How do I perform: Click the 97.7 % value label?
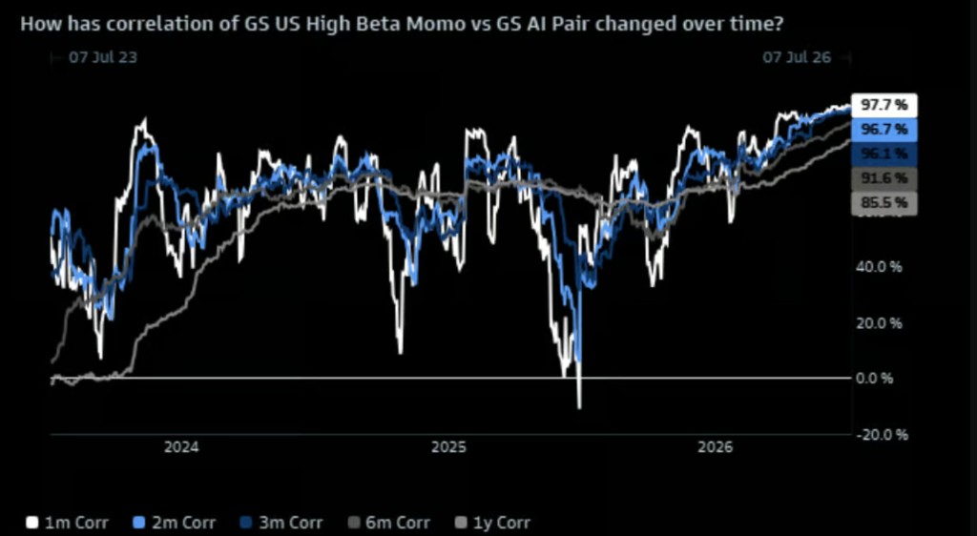pyautogui.click(x=884, y=105)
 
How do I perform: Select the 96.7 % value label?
pyautogui.click(x=884, y=130)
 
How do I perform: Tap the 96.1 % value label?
pyautogui.click(x=884, y=154)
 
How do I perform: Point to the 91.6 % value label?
pyautogui.click(x=884, y=178)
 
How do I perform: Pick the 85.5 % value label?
pyautogui.click(x=884, y=203)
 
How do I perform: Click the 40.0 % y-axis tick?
pyautogui.click(x=879, y=267)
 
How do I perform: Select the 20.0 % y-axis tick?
pyautogui.click(x=879, y=323)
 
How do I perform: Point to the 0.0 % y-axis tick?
pyautogui.click(x=875, y=379)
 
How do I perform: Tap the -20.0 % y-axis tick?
pyautogui.click(x=882, y=435)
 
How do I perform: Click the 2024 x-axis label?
pyautogui.click(x=181, y=447)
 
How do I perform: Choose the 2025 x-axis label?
pyautogui.click(x=448, y=447)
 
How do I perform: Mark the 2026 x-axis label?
pyautogui.click(x=716, y=447)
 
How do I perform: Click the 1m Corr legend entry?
pyautogui.click(x=68, y=523)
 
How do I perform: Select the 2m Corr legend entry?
pyautogui.click(x=175, y=523)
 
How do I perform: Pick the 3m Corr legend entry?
pyautogui.click(x=281, y=523)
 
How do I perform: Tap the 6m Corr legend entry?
pyautogui.click(x=388, y=523)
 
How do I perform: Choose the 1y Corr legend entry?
pyautogui.click(x=493, y=523)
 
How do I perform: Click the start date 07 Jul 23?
pyautogui.click(x=103, y=57)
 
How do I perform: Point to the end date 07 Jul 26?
pyautogui.click(x=797, y=57)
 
